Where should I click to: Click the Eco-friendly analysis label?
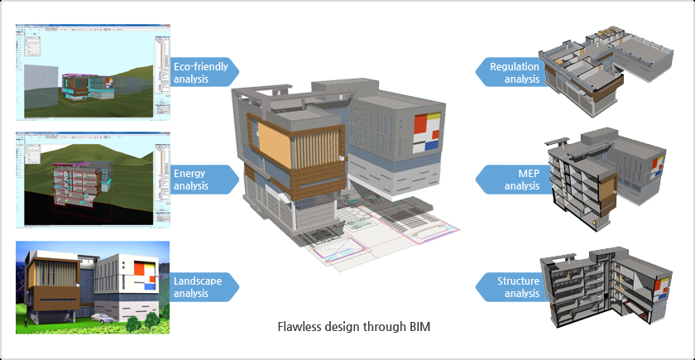tap(201, 73)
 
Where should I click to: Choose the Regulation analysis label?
tap(513, 73)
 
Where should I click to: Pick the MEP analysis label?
tap(518, 180)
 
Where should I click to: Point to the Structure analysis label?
tap(516, 286)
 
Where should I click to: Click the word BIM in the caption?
tap(419, 326)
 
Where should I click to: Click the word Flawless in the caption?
tap(299, 326)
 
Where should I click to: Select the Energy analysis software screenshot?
tap(92, 179)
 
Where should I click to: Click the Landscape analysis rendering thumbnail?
tap(92, 286)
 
